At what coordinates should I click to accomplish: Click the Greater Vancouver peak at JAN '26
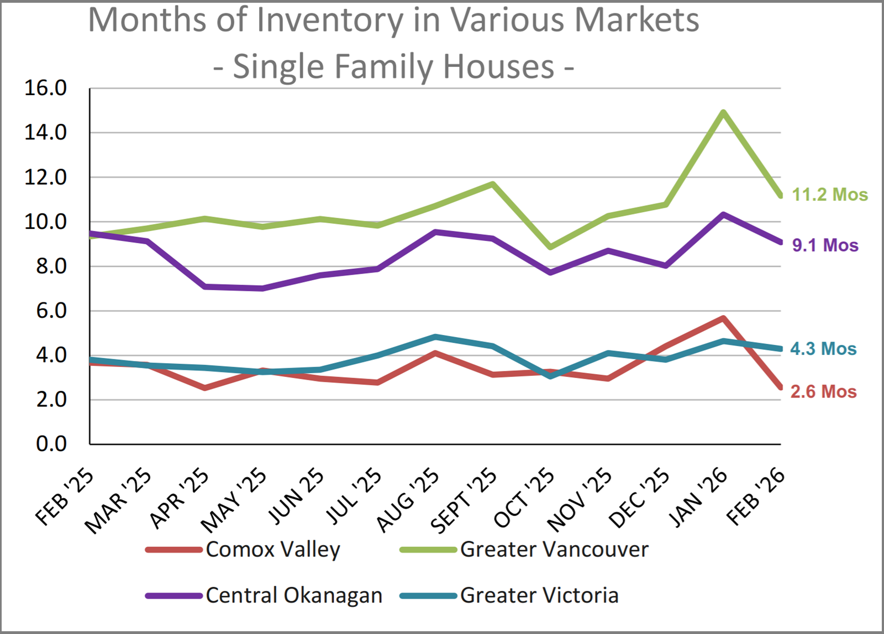(723, 113)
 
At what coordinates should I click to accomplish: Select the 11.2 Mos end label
(830, 195)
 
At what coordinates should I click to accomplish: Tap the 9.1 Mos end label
(825, 245)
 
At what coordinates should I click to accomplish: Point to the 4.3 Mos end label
(823, 349)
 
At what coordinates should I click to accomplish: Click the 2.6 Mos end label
(823, 391)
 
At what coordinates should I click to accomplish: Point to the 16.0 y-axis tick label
(45, 88)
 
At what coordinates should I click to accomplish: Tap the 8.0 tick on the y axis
(51, 266)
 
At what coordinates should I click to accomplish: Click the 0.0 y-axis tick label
(51, 444)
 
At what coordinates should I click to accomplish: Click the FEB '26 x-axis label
(756, 496)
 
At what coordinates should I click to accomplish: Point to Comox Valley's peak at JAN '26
(723, 318)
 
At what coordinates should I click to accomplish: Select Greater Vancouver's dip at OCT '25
(550, 247)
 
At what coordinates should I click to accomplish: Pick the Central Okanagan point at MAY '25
(262, 288)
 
